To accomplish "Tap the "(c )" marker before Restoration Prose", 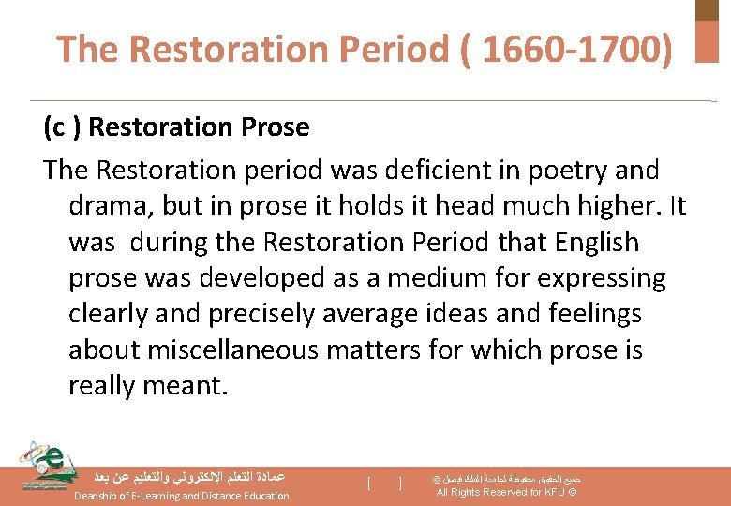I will (x=61, y=126).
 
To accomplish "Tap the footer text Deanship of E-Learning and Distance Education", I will (x=182, y=496).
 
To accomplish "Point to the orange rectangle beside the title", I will (x=707, y=41).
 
